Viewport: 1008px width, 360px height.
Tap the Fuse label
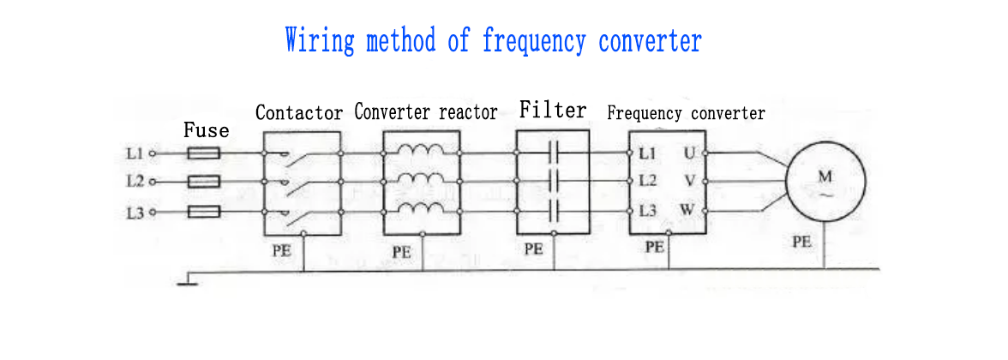click(207, 130)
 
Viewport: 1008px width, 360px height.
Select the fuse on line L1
click(204, 154)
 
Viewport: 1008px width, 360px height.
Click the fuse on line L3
click(204, 212)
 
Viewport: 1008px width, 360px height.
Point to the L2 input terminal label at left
click(135, 182)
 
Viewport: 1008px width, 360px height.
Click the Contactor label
click(299, 112)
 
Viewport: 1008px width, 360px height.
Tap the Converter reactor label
click(426, 112)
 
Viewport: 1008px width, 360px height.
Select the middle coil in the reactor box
click(422, 180)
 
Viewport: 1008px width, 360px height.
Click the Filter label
click(553, 110)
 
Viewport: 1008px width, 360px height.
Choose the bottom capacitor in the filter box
click(553, 210)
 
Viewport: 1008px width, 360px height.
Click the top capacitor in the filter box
click(553, 154)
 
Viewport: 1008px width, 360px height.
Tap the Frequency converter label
click(686, 113)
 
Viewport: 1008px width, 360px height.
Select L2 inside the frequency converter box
click(647, 182)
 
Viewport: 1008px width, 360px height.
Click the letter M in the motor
click(825, 177)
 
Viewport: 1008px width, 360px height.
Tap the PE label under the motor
click(801, 243)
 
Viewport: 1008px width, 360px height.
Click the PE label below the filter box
click(534, 249)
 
